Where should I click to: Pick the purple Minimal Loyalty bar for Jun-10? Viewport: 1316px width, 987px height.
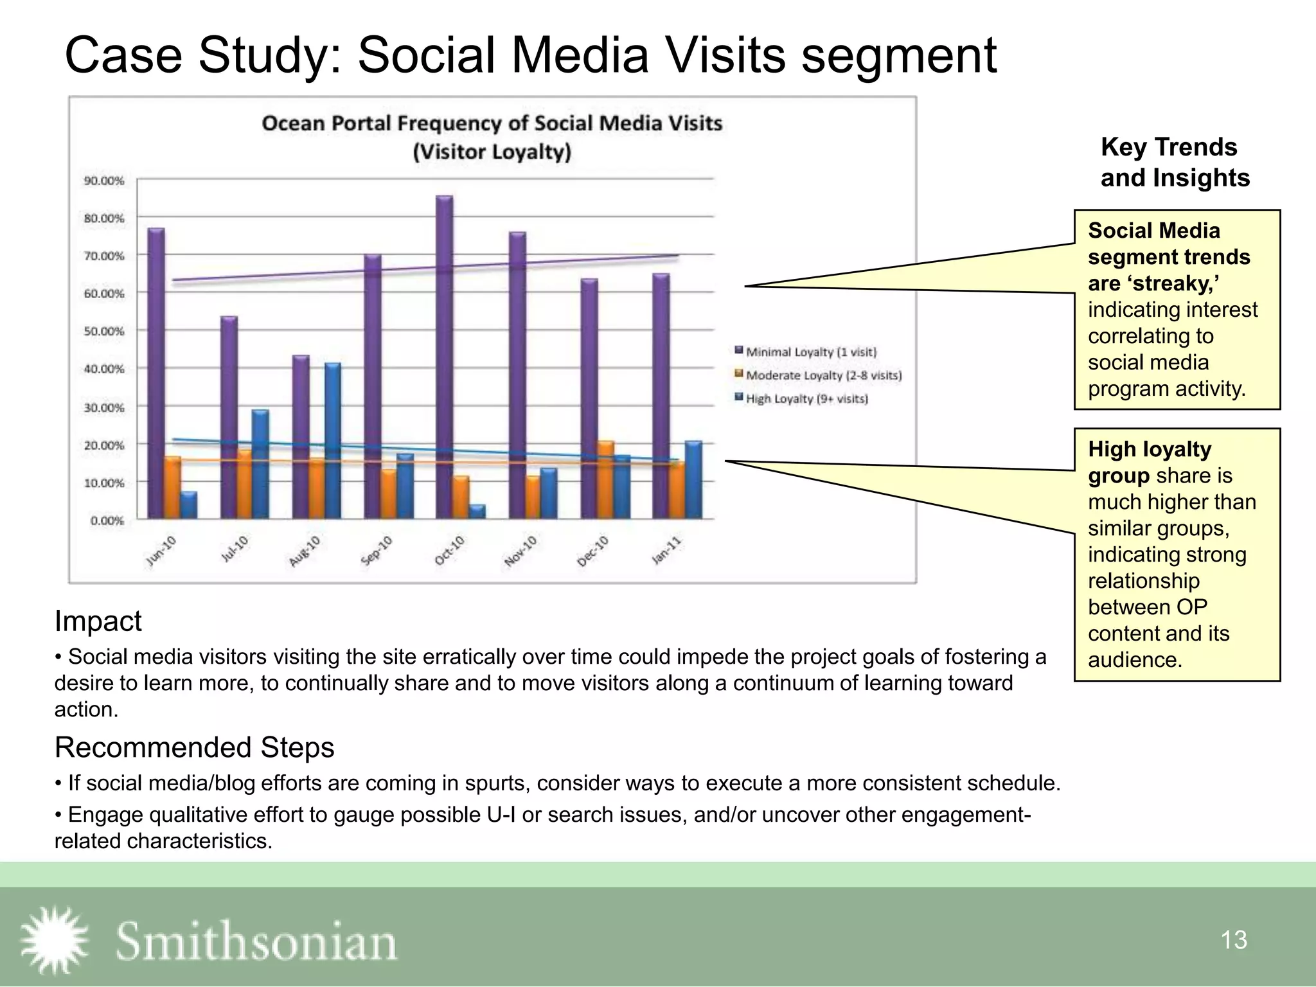(x=156, y=373)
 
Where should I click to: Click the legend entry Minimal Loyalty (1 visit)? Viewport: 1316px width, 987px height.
(x=810, y=351)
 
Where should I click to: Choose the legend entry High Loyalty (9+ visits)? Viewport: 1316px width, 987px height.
(x=806, y=398)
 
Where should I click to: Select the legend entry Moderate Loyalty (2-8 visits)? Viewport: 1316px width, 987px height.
(x=823, y=375)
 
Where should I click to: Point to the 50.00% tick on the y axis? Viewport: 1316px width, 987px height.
(x=103, y=331)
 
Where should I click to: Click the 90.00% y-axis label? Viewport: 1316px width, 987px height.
(x=103, y=181)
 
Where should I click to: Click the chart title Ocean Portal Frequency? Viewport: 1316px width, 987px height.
(x=492, y=123)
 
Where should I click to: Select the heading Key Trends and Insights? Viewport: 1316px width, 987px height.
(x=1175, y=162)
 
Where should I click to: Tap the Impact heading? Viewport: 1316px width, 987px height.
(x=98, y=621)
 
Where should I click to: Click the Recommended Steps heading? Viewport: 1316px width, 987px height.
(x=194, y=747)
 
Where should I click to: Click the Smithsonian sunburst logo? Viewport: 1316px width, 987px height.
(x=54, y=939)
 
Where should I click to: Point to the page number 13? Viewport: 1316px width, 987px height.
(x=1233, y=940)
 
